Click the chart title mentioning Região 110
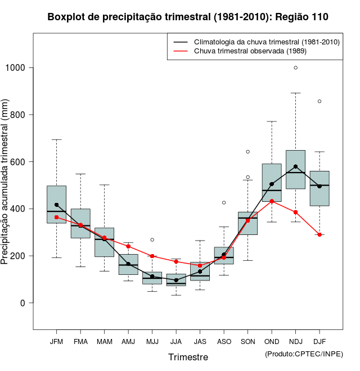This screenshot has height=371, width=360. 188,17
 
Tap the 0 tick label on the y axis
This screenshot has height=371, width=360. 23,303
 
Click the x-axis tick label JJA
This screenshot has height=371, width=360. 176,342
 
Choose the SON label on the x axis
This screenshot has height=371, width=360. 247,342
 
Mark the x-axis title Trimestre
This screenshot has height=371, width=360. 188,357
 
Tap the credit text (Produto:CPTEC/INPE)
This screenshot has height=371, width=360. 304,354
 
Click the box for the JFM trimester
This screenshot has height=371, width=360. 56,204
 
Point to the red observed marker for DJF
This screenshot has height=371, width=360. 319,234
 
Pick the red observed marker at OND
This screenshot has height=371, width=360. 272,201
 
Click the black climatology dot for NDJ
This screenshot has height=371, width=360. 295,166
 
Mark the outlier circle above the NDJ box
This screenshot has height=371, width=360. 295,67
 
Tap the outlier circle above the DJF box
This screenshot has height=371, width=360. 319,101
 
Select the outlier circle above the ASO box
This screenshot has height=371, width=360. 224,202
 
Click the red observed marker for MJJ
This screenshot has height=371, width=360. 152,256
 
